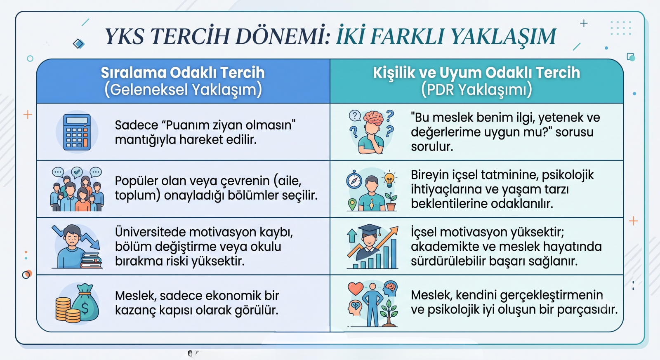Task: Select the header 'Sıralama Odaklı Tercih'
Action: [183, 73]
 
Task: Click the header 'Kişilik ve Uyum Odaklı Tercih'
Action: [476, 73]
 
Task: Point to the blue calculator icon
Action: [77, 132]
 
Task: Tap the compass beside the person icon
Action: [354, 179]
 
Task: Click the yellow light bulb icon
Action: [389, 179]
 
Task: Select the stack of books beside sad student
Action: [91, 261]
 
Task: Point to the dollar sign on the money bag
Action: [85, 308]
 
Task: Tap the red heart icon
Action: [356, 288]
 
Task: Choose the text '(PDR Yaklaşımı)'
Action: [476, 89]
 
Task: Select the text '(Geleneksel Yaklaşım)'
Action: [183, 89]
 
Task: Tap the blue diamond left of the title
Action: [79, 44]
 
